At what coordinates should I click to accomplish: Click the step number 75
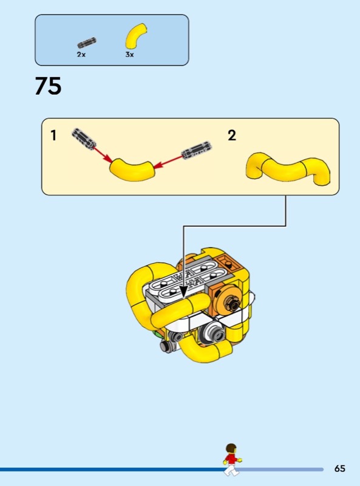(48, 86)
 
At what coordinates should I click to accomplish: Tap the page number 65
(339, 468)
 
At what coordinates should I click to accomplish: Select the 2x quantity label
(81, 54)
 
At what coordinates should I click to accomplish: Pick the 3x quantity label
(129, 54)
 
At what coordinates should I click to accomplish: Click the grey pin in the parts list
(87, 43)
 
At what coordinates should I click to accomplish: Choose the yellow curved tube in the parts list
(135, 35)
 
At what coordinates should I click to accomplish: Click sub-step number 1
(53, 135)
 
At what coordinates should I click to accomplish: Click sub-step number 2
(232, 135)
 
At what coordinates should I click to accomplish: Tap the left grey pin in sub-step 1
(84, 139)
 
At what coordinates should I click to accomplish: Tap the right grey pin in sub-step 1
(197, 150)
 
